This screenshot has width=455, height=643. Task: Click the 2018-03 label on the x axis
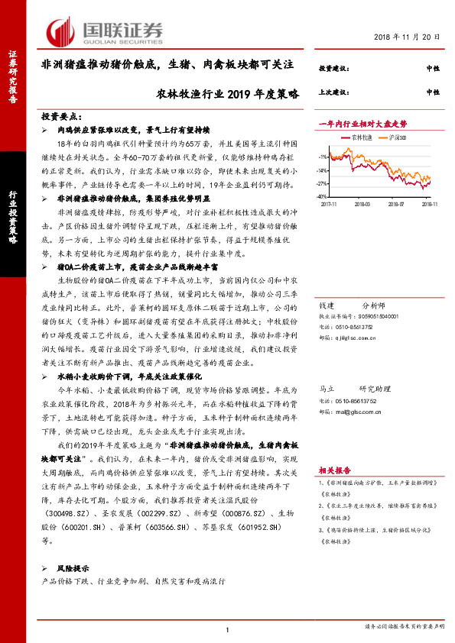point(362,205)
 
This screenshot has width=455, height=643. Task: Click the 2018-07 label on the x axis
point(396,205)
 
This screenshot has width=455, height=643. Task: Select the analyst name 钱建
point(327,304)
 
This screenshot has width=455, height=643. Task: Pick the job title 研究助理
point(375,389)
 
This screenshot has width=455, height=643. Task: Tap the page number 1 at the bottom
point(227,628)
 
